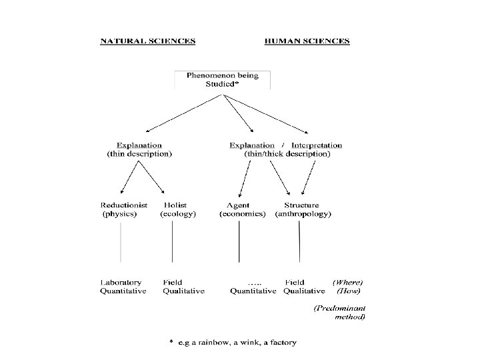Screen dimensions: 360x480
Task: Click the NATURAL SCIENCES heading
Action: [x=147, y=41]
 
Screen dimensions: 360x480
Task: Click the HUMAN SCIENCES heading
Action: [x=307, y=41]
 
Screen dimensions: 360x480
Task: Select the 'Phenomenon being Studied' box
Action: [x=223, y=80]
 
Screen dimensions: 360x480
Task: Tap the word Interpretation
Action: [x=317, y=145]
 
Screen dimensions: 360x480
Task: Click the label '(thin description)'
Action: [x=139, y=153]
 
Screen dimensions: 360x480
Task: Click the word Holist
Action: [x=175, y=205]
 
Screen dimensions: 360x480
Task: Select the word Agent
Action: [x=238, y=205]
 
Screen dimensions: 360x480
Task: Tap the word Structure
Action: [x=301, y=205]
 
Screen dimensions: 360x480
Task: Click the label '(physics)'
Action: [x=119, y=215]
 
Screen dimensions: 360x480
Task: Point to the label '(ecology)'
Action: [x=178, y=215]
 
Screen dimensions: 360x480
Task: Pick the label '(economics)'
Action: [x=243, y=215]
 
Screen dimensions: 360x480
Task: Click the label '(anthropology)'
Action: [x=303, y=215]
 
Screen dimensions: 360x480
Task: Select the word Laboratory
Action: [x=123, y=282]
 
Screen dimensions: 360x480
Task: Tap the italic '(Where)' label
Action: [x=349, y=282]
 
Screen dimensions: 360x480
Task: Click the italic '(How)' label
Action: [x=349, y=291]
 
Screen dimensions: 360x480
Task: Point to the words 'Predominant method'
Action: [x=340, y=313]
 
